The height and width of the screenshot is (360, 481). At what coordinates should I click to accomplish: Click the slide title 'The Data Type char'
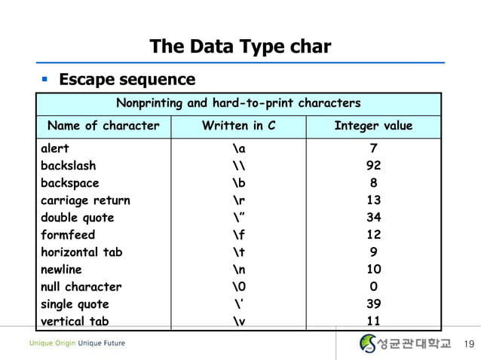(x=240, y=47)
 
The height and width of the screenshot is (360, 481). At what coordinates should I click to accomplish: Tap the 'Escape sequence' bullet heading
(x=127, y=79)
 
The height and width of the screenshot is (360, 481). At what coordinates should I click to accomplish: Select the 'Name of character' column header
(x=103, y=126)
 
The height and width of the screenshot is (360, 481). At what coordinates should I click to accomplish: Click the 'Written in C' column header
(x=239, y=126)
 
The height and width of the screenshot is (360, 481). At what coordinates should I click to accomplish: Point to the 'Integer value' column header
(x=373, y=126)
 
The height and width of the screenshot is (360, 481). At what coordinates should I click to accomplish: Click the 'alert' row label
(x=54, y=148)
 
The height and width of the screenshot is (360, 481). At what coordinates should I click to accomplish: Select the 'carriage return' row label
(x=84, y=200)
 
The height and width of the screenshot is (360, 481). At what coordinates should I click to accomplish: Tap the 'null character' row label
(x=81, y=287)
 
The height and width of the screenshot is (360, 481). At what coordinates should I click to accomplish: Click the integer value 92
(x=374, y=166)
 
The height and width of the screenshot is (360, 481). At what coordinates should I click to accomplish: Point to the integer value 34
(x=374, y=218)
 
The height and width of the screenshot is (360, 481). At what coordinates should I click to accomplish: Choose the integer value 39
(x=374, y=304)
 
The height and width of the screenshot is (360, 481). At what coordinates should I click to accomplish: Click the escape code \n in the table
(x=239, y=270)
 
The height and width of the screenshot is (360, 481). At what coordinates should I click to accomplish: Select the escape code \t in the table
(x=238, y=252)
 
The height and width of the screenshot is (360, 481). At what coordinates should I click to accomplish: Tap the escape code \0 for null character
(x=239, y=287)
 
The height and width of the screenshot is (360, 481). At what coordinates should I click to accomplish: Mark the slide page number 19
(x=467, y=345)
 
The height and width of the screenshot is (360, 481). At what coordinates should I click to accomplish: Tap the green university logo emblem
(x=367, y=344)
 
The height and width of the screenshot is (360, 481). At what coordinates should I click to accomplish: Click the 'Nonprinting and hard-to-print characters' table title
(x=237, y=102)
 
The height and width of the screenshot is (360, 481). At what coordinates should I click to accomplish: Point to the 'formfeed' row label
(x=67, y=235)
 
